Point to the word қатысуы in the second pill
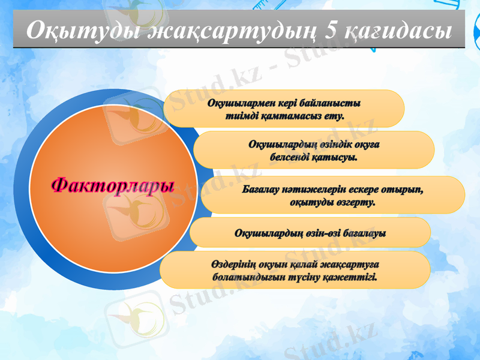tap(337, 158)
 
